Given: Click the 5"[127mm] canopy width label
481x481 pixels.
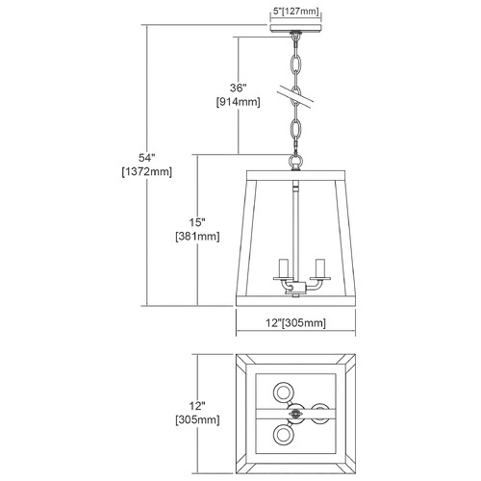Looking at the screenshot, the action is pyautogui.click(x=295, y=12).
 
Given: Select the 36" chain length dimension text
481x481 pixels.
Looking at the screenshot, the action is pyautogui.click(x=239, y=88).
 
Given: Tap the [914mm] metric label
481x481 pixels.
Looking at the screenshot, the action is pyautogui.click(x=239, y=102).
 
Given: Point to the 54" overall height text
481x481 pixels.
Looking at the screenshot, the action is pyautogui.click(x=147, y=158).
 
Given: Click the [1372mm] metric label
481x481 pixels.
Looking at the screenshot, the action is pyautogui.click(x=147, y=172).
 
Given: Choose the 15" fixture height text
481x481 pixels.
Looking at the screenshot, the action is pyautogui.click(x=197, y=222).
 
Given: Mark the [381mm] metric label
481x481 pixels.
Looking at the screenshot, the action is pyautogui.click(x=197, y=237).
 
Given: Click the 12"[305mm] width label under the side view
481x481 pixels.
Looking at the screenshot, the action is pyautogui.click(x=295, y=322).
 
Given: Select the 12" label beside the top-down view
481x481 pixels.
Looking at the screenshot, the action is pyautogui.click(x=197, y=406).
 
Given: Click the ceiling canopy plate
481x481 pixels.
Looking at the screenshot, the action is pyautogui.click(x=295, y=28).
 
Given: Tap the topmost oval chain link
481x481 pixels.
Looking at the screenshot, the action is pyautogui.click(x=295, y=65).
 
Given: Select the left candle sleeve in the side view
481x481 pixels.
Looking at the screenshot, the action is pyautogui.click(x=284, y=267).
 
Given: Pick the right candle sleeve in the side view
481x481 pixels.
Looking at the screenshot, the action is pyautogui.click(x=320, y=267).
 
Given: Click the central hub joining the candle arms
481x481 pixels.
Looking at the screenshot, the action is pyautogui.click(x=295, y=286).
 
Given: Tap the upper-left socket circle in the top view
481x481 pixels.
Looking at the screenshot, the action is pyautogui.click(x=284, y=392).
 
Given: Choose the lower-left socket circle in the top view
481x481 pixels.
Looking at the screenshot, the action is pyautogui.click(x=284, y=435).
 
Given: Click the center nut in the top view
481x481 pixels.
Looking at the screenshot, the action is pyautogui.click(x=295, y=414).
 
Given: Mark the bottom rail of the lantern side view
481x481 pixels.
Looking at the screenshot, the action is pyautogui.click(x=295, y=301).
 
